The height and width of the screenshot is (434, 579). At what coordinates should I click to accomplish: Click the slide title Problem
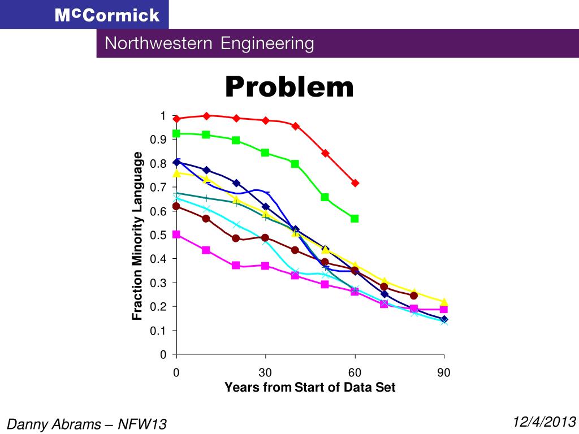click(289, 88)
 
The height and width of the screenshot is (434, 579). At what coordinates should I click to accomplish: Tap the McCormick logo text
click(107, 15)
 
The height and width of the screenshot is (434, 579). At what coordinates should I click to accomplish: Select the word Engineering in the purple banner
click(267, 44)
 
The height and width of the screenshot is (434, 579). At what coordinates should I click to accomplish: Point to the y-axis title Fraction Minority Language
click(137, 236)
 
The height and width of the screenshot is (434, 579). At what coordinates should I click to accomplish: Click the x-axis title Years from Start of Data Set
click(310, 388)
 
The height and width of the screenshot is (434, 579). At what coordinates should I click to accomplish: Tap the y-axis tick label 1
click(163, 116)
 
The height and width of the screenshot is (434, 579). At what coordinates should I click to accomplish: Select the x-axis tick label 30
click(265, 372)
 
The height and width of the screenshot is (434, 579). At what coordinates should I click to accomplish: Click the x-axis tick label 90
click(444, 372)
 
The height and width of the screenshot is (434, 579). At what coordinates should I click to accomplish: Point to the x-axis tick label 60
click(355, 372)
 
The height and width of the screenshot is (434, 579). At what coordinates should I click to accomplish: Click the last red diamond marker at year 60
click(355, 183)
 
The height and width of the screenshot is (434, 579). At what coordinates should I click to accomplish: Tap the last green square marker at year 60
click(355, 219)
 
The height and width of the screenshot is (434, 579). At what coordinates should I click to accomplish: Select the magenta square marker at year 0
click(176, 235)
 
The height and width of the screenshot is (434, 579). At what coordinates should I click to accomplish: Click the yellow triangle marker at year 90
click(444, 302)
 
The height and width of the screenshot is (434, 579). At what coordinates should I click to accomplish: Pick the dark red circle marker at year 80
click(414, 296)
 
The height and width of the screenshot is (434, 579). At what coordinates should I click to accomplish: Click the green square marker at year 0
click(176, 134)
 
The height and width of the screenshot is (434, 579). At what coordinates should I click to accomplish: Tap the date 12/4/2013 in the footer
click(545, 421)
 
